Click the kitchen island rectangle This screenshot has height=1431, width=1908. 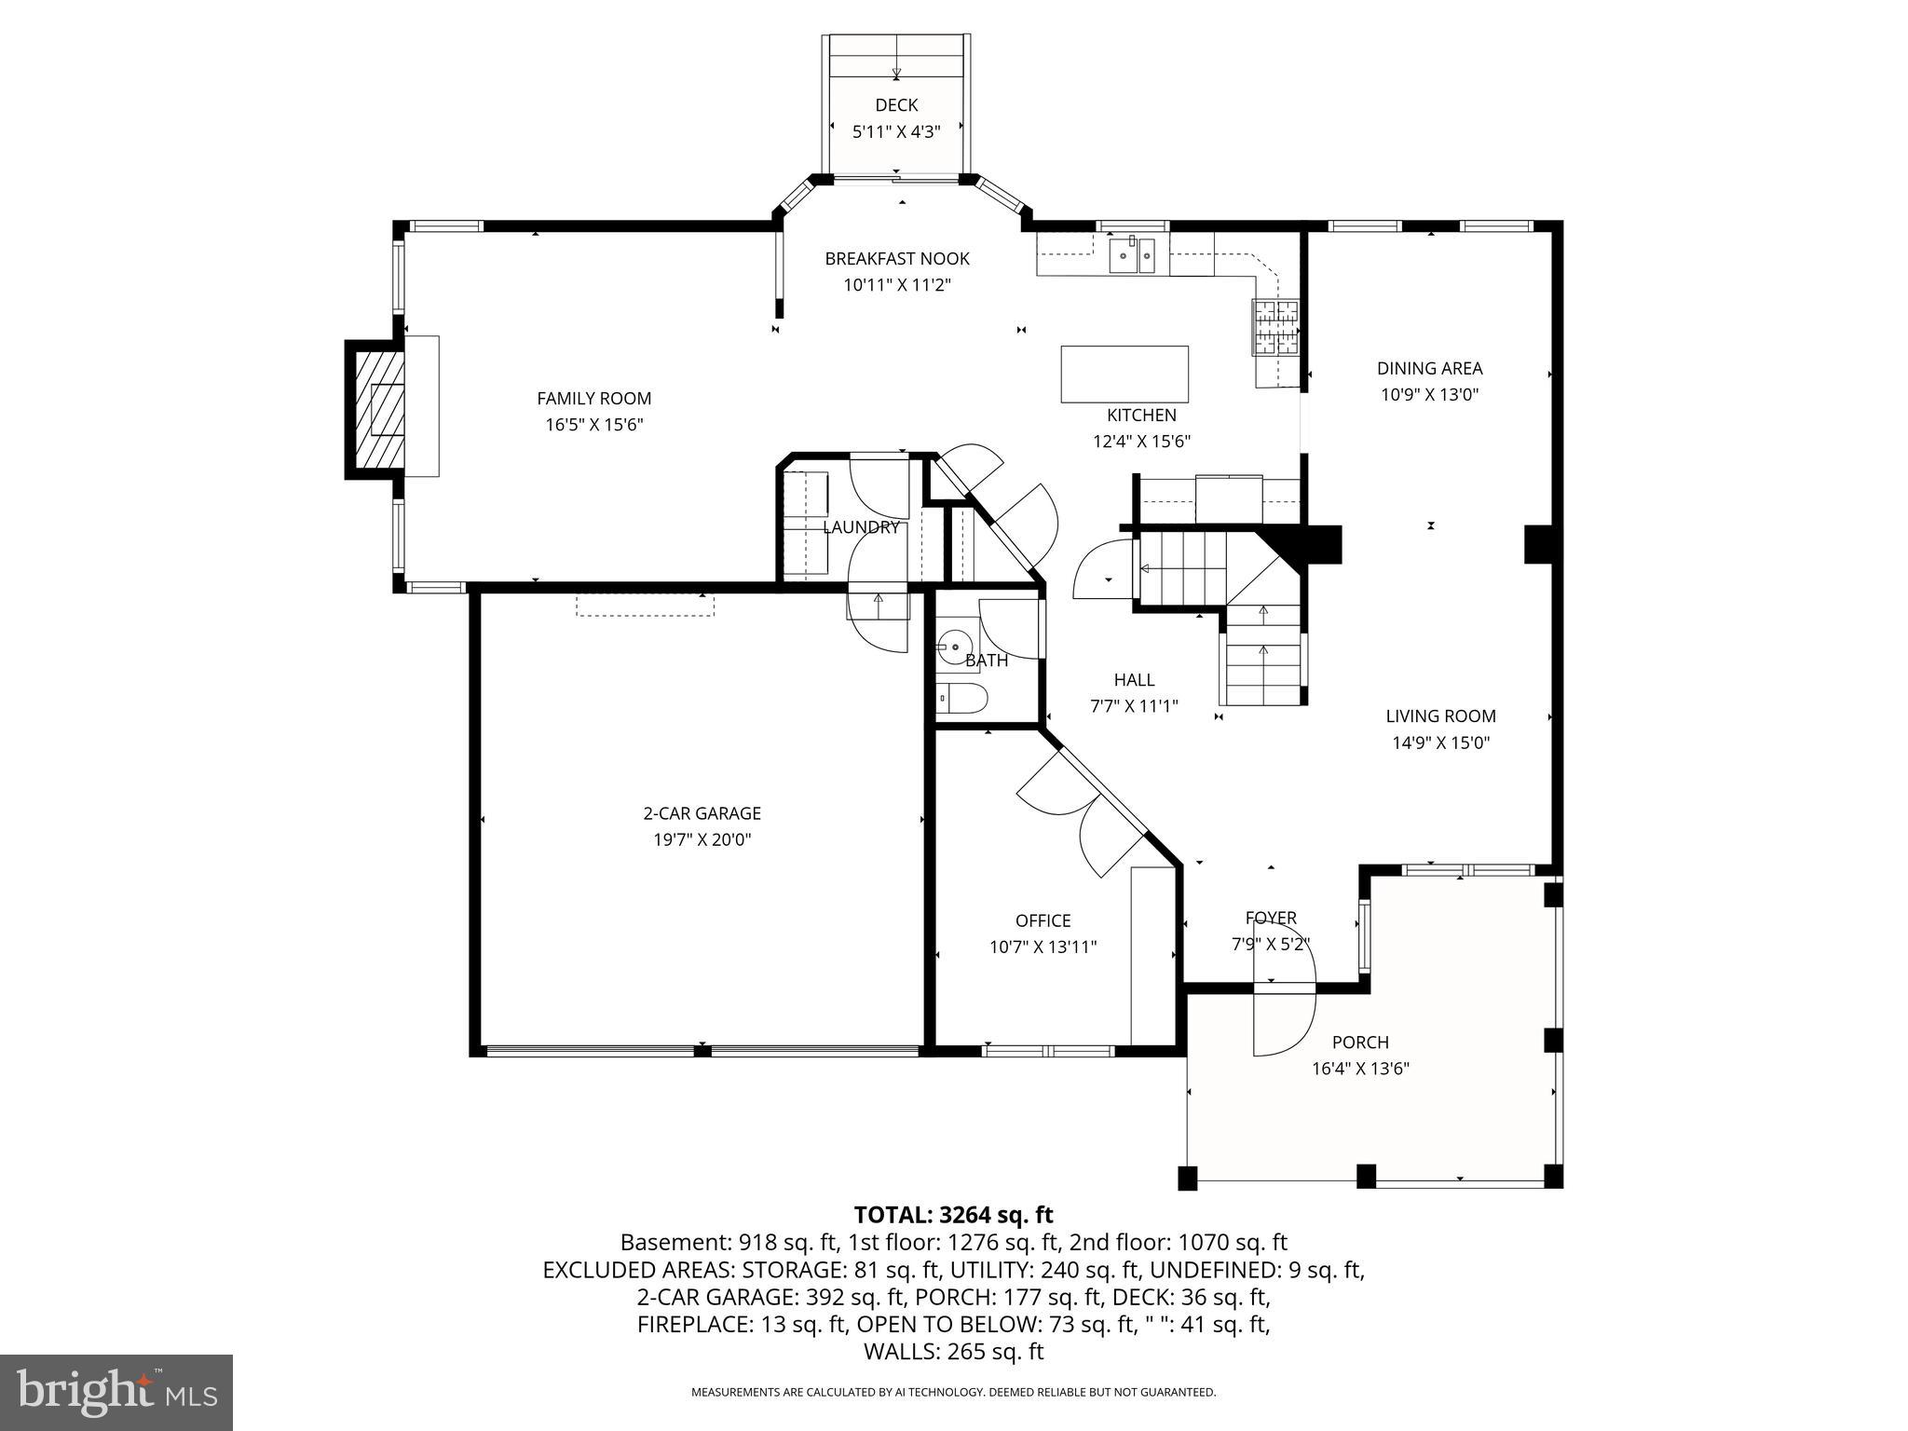(1124, 374)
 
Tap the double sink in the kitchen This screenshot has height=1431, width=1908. (1132, 255)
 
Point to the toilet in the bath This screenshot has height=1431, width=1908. (961, 698)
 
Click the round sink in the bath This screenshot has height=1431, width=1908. (954, 646)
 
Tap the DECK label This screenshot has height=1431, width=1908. (896, 105)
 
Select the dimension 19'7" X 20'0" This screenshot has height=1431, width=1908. (702, 839)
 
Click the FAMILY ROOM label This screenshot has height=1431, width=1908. (593, 399)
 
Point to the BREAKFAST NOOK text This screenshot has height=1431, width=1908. (896, 259)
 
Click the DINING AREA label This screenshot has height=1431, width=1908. (1429, 369)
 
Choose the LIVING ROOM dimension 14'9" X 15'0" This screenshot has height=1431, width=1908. (1440, 743)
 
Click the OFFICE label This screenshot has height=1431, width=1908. (1043, 920)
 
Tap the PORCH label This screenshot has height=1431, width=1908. (1359, 1043)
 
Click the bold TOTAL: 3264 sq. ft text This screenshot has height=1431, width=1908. (953, 1215)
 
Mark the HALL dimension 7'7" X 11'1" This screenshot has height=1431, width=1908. (1134, 706)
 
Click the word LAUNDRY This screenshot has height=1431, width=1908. (860, 527)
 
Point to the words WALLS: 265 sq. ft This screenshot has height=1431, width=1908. (953, 1351)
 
